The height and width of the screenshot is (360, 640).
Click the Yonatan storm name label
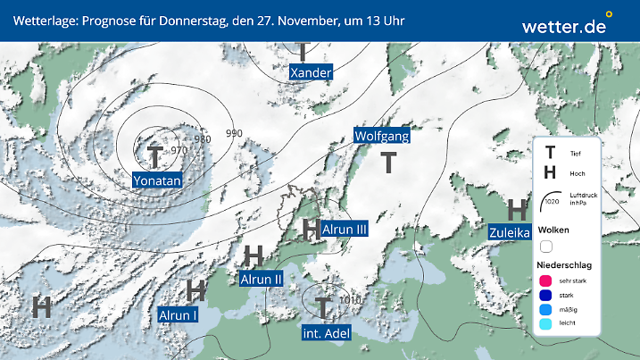(157, 181)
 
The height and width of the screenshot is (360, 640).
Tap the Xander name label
(312, 72)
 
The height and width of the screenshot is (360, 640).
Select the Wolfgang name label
(382, 136)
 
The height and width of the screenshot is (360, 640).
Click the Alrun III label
(345, 230)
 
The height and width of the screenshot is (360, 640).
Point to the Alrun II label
(262, 279)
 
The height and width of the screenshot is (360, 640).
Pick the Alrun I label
(178, 314)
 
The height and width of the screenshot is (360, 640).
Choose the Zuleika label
(510, 233)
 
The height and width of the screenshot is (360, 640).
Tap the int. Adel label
(325, 333)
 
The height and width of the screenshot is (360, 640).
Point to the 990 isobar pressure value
(234, 133)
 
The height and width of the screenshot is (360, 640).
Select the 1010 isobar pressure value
(352, 300)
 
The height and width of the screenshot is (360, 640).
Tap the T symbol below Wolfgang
(389, 163)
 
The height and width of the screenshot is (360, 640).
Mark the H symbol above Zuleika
(516, 211)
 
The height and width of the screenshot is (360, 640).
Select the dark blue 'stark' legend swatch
(544, 295)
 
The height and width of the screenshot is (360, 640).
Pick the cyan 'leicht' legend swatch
(544, 323)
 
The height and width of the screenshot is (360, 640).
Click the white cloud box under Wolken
(546, 246)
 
